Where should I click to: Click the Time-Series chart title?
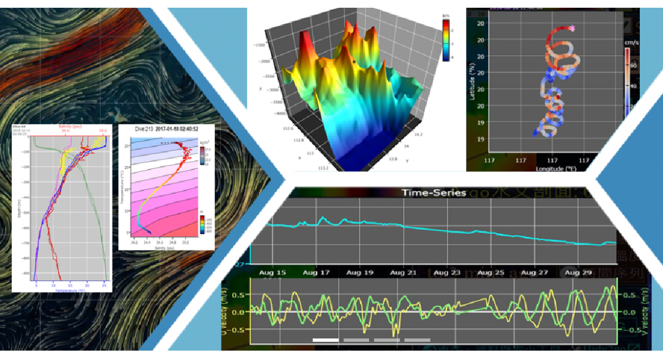click(434, 193)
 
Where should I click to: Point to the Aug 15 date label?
click(271, 273)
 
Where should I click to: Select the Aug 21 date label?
click(404, 273)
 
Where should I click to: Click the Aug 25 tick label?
click(491, 273)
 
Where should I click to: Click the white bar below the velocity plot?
click(325, 340)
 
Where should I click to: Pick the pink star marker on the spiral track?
click(573, 28)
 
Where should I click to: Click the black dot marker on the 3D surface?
click(355, 62)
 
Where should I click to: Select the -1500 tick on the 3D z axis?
click(258, 46)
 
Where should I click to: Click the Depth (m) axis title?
click(19, 207)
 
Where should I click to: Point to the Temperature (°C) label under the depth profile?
click(70, 289)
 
